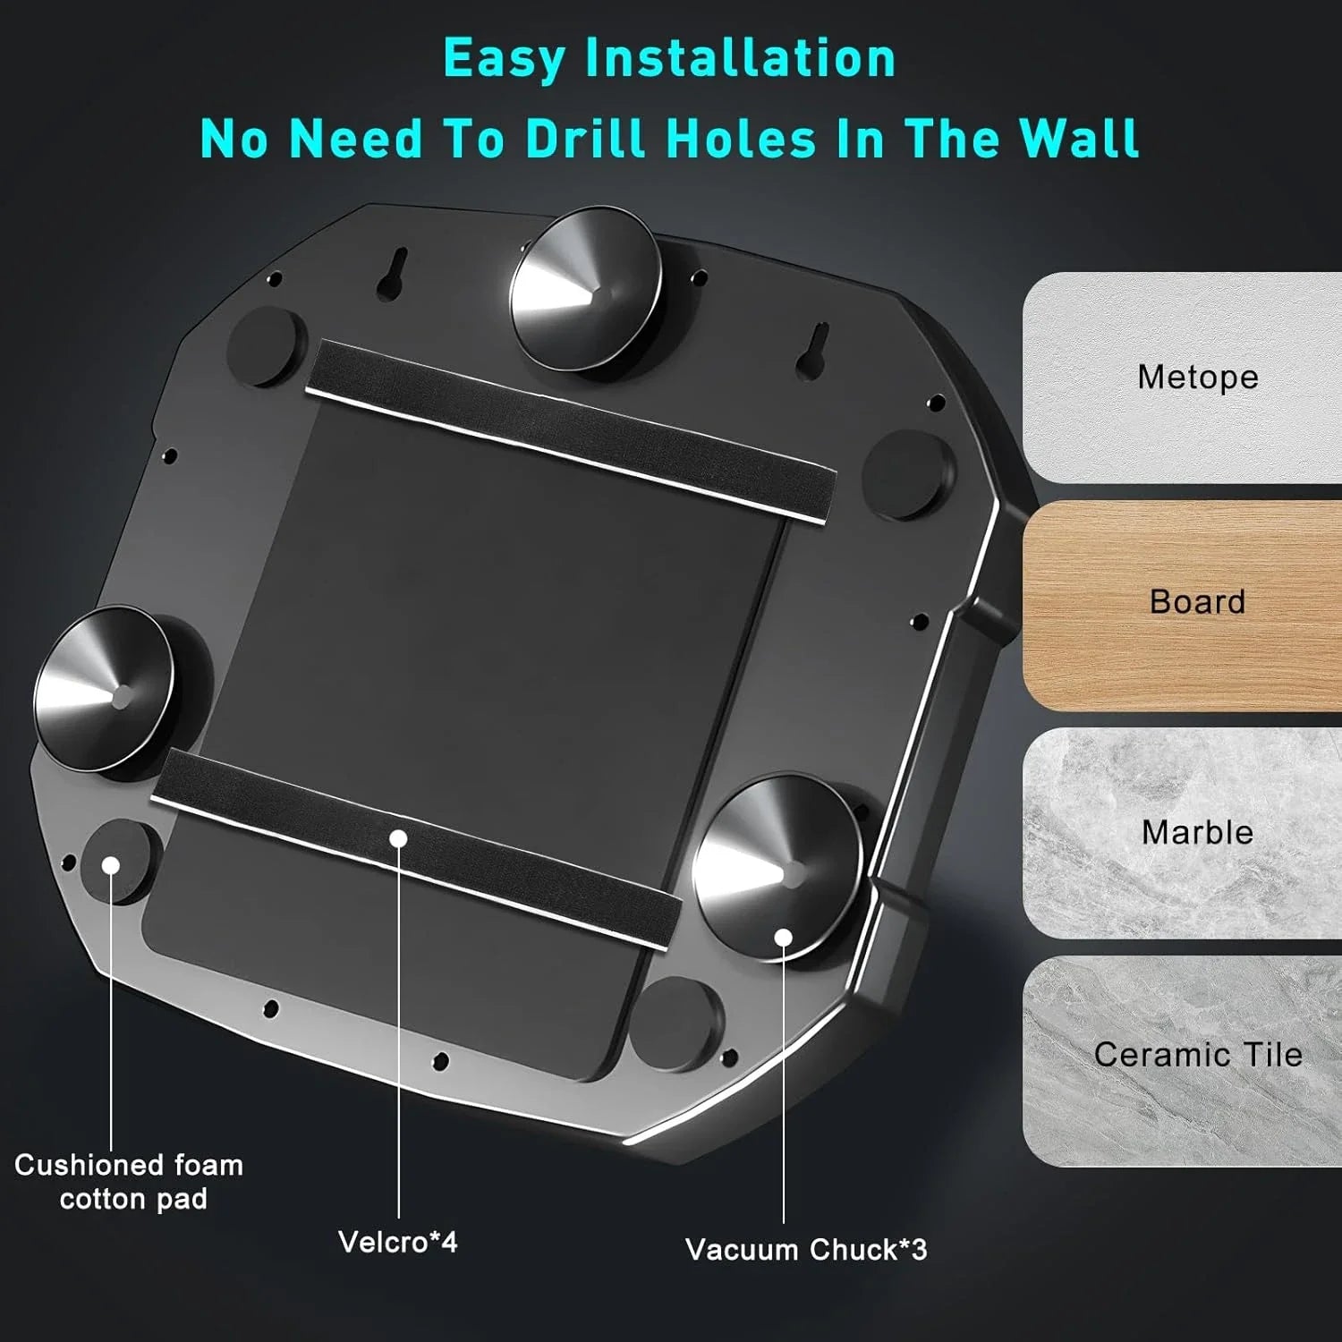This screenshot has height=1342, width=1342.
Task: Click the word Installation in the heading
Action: click(x=740, y=59)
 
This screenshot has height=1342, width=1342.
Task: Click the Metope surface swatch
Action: click(x=1182, y=378)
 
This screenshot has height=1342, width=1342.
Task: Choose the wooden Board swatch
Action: click(x=1182, y=606)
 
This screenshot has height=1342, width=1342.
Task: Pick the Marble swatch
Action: click(x=1182, y=833)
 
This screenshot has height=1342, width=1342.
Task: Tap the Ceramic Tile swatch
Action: click(x=1182, y=1061)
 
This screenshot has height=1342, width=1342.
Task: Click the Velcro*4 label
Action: click(x=398, y=1242)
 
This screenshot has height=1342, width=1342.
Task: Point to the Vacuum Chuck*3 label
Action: click(x=806, y=1249)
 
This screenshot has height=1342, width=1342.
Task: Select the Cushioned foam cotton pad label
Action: click(x=130, y=1182)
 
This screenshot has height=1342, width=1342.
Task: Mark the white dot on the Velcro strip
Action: click(x=399, y=838)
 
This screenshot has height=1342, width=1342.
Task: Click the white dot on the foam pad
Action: click(x=111, y=865)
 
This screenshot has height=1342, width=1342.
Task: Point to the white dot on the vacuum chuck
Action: click(x=784, y=938)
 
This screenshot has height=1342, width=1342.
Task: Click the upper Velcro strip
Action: click(x=571, y=430)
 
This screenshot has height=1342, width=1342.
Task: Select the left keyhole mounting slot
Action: click(x=393, y=273)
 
